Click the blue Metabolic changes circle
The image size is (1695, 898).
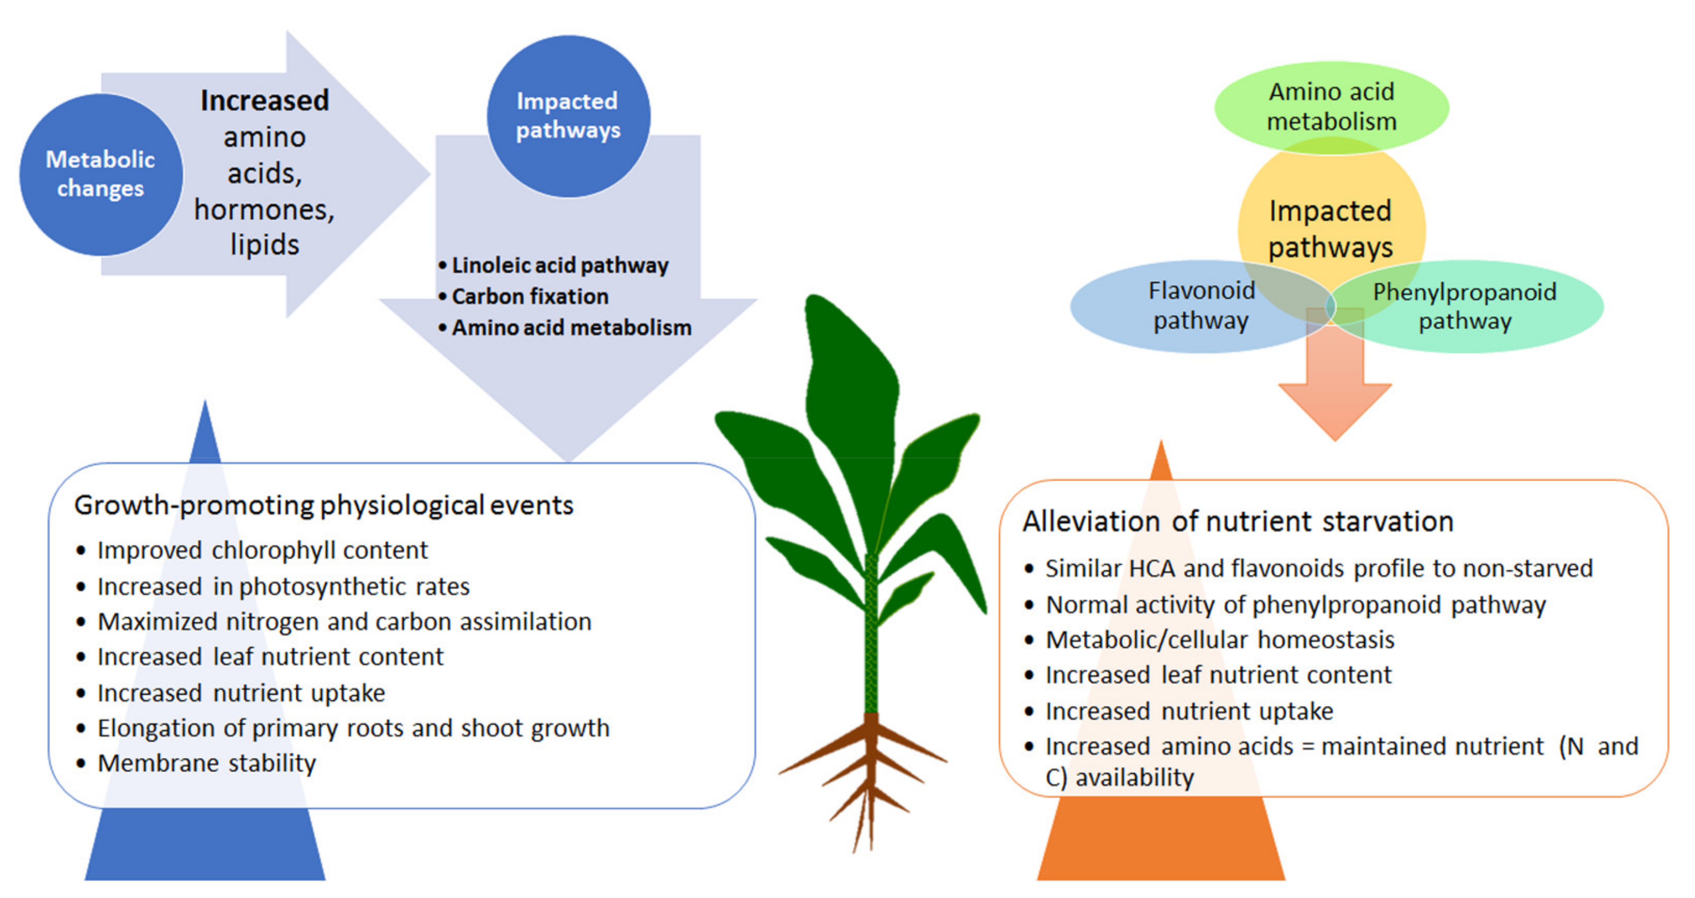click(101, 174)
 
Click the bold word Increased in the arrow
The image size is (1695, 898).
click(264, 101)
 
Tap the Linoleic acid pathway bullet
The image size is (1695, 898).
click(553, 265)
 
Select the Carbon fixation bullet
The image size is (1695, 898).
click(524, 297)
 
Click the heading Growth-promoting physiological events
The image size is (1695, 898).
click(324, 505)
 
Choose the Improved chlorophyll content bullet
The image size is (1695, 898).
click(252, 550)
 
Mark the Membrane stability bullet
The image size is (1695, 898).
click(196, 763)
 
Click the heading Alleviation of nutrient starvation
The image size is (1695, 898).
click(1238, 521)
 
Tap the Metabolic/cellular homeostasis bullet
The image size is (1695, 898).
click(1209, 639)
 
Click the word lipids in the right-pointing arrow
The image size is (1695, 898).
click(264, 245)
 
